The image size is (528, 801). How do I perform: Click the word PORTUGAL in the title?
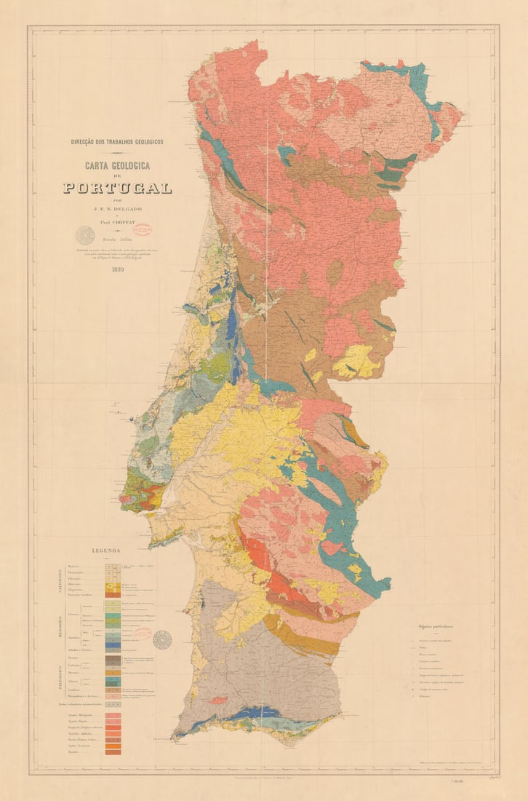pos(117,188)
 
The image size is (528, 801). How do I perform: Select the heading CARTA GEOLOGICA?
pos(117,166)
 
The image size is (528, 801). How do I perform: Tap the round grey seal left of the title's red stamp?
pos(86,235)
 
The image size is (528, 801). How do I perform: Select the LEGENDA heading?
pos(106,551)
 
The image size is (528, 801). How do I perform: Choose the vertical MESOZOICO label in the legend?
pos(61,626)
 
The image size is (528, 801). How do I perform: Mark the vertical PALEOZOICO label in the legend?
pos(61,677)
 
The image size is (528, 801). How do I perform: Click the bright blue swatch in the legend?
pos(112,645)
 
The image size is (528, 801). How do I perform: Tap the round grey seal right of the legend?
pos(162,639)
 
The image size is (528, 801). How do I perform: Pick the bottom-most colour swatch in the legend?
pos(112,751)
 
